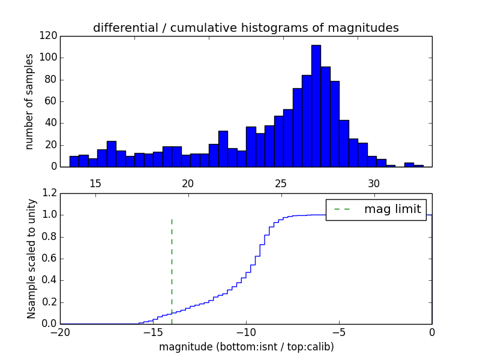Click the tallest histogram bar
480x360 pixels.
pyautogui.click(x=316, y=106)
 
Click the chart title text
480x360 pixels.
pyautogui.click(x=245, y=28)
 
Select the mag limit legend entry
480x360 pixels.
pyautogui.click(x=376, y=209)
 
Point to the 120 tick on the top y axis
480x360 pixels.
pyautogui.click(x=49, y=36)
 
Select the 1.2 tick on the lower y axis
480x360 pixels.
pyautogui.click(x=49, y=193)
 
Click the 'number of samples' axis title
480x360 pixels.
pyautogui.click(x=29, y=101)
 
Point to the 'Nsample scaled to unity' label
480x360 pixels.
pyautogui.click(x=31, y=259)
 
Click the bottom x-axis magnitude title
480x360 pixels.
pyautogui.click(x=246, y=347)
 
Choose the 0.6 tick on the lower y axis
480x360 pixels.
pyautogui.click(x=49, y=259)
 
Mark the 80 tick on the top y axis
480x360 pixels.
pyautogui.click(x=52, y=80)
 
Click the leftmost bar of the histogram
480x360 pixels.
pyautogui.click(x=74, y=161)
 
